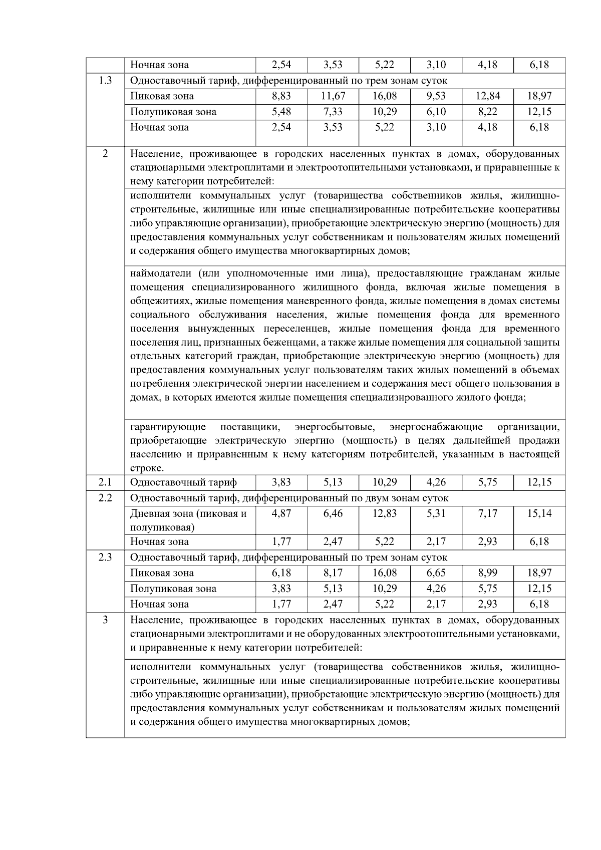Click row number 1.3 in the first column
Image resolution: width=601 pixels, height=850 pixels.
105,80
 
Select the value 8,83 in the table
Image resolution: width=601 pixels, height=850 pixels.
281,96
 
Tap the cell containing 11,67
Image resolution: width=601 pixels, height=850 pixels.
333,96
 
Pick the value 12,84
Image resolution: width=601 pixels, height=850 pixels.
487,96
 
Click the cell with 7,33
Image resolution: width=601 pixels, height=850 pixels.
333,112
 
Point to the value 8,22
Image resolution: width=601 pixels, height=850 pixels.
487,112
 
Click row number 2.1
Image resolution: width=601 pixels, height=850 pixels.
105,482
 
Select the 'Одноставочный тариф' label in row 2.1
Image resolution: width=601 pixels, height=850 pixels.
183,482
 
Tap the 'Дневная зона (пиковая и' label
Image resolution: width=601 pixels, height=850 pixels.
188,513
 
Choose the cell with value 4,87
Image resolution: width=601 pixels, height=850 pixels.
281,513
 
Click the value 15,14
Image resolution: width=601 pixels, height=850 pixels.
539,513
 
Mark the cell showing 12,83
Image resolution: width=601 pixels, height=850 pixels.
384,513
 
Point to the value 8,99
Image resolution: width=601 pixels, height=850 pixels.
487,573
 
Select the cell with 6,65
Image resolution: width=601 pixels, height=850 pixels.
436,573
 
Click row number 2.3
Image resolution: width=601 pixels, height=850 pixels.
105,557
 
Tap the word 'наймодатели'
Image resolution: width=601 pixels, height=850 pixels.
161,273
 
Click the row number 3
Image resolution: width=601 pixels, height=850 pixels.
105,620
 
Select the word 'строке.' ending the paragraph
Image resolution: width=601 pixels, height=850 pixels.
147,469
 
